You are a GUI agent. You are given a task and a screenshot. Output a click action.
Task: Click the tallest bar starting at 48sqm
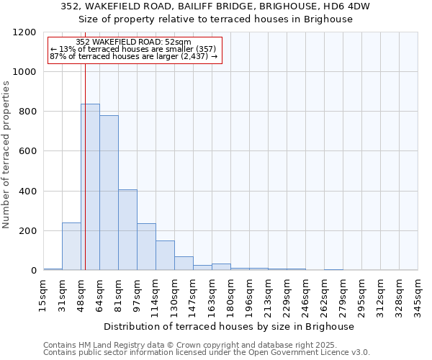pos(90,187)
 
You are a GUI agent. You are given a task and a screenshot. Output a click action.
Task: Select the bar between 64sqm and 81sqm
pos(109,193)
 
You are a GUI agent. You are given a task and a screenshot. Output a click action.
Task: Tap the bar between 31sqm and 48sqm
pos(71,246)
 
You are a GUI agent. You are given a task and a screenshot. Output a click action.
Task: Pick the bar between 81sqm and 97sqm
pos(127,230)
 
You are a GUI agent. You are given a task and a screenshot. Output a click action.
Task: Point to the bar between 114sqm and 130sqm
pos(165,256)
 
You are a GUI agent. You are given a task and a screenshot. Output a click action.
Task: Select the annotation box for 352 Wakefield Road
pos(134,49)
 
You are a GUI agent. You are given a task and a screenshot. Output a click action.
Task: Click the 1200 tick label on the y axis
pos(24,32)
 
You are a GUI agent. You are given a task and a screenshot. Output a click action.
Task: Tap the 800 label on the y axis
pos(27,112)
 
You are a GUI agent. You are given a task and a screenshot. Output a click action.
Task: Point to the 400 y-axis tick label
pos(27,192)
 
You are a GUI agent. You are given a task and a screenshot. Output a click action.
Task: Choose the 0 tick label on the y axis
pos(33,271)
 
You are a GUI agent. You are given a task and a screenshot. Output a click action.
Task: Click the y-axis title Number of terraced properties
pos(6,154)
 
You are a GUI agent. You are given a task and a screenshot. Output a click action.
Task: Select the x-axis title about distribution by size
pos(229,326)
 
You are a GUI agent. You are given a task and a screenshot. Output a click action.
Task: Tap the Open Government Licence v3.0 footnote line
pos(206,353)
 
